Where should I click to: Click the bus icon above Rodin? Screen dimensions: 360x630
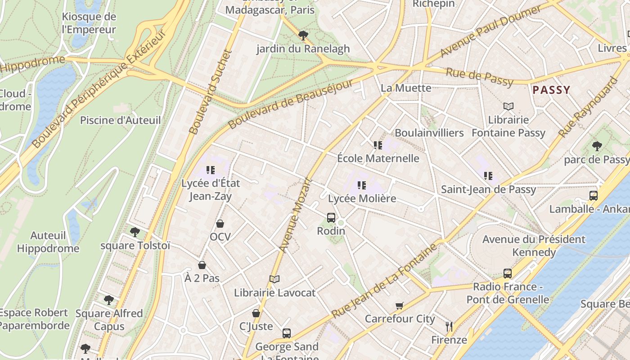pos(331,218)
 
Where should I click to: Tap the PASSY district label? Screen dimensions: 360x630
pos(551,90)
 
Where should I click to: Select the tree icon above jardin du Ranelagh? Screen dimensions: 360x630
pos(303,35)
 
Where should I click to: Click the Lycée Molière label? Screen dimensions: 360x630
pos(362,198)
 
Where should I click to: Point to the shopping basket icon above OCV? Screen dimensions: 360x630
pos(220,224)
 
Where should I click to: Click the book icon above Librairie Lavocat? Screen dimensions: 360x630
pos(274,279)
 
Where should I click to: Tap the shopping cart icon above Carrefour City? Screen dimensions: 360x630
pos(400,306)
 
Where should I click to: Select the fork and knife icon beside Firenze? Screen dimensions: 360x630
pos(449,327)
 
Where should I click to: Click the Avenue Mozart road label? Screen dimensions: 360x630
pos(295,215)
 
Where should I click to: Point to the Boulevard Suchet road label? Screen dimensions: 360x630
pos(210,92)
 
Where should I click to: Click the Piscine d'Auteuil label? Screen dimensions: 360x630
pos(120,120)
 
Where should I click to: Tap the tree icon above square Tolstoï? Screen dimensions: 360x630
pos(135,232)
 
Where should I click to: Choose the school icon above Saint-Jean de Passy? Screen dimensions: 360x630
pos(488,176)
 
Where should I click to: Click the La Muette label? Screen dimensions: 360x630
pos(406,88)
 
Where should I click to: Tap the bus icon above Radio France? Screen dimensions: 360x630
pos(508,274)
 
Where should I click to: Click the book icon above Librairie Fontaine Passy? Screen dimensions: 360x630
pos(508,107)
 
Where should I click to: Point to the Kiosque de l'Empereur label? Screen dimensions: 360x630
pos(89,23)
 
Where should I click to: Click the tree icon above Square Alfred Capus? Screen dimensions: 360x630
pos(108,300)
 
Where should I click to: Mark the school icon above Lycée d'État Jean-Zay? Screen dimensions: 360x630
pos(211,170)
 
